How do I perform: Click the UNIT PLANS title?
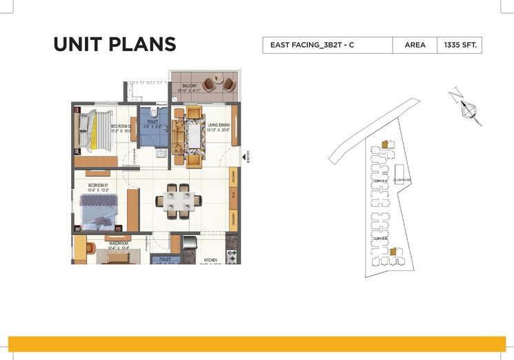[x=115, y=44]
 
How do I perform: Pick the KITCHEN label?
[x=210, y=261]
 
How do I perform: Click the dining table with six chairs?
[x=179, y=201]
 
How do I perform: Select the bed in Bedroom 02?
[x=90, y=131]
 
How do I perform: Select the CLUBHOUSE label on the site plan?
[x=402, y=179]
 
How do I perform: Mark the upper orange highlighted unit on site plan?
[x=382, y=146]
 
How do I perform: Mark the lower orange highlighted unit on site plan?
[x=393, y=252]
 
